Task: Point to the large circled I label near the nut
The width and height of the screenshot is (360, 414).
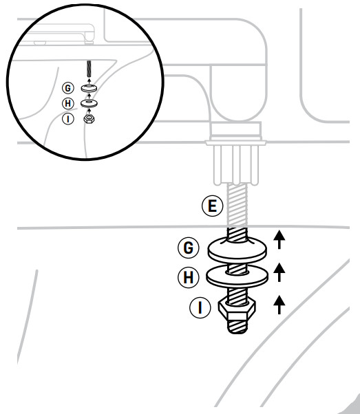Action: (x=200, y=307)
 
